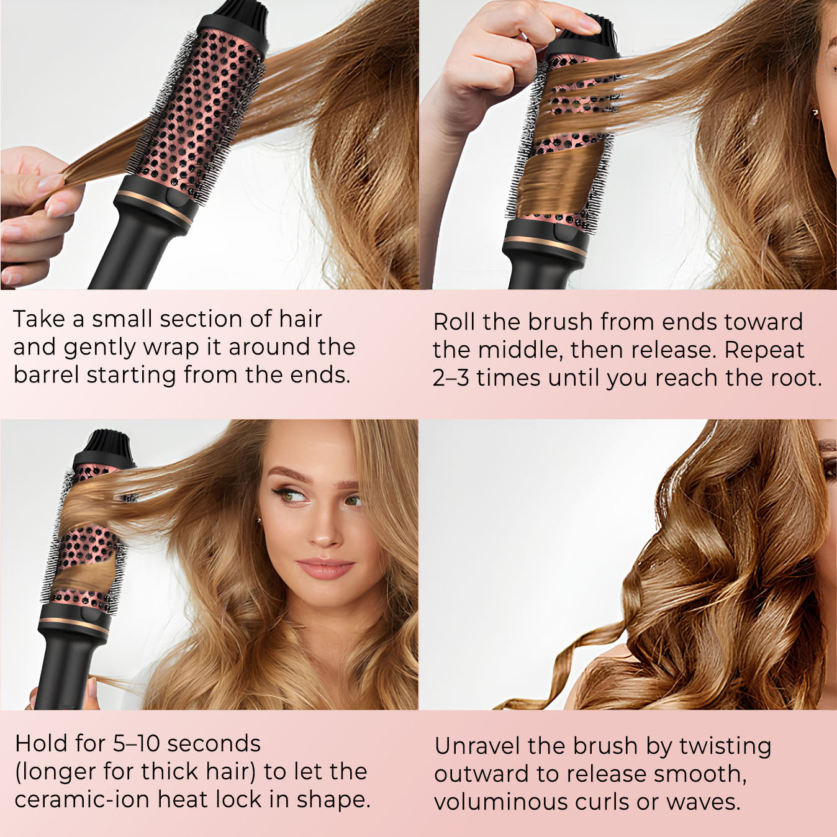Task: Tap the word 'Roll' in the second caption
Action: (x=454, y=322)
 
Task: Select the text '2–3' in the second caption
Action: (x=451, y=378)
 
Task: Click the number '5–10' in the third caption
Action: (x=137, y=744)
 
